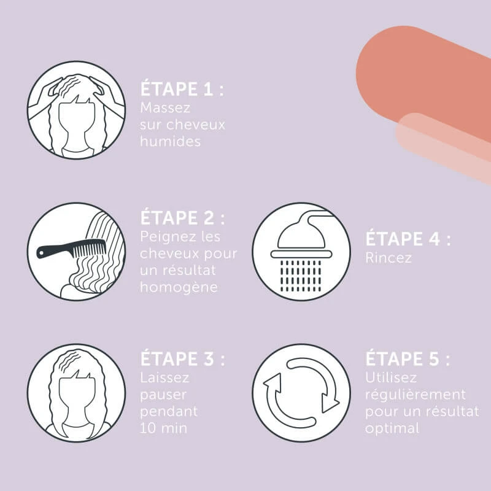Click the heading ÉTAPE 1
click(182, 89)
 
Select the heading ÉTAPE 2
click(182, 218)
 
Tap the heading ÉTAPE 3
click(182, 358)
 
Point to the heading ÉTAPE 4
click(408, 239)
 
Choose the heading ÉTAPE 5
click(408, 358)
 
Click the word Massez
click(165, 108)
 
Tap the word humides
click(171, 141)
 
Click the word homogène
click(179, 287)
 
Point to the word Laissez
click(164, 377)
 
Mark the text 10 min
click(163, 428)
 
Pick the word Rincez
click(389, 258)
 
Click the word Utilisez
click(391, 377)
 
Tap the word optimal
click(392, 428)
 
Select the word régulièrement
click(416, 395)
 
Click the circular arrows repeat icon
click(301, 393)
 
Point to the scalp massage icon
click(76, 110)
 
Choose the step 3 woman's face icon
click(76, 393)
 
